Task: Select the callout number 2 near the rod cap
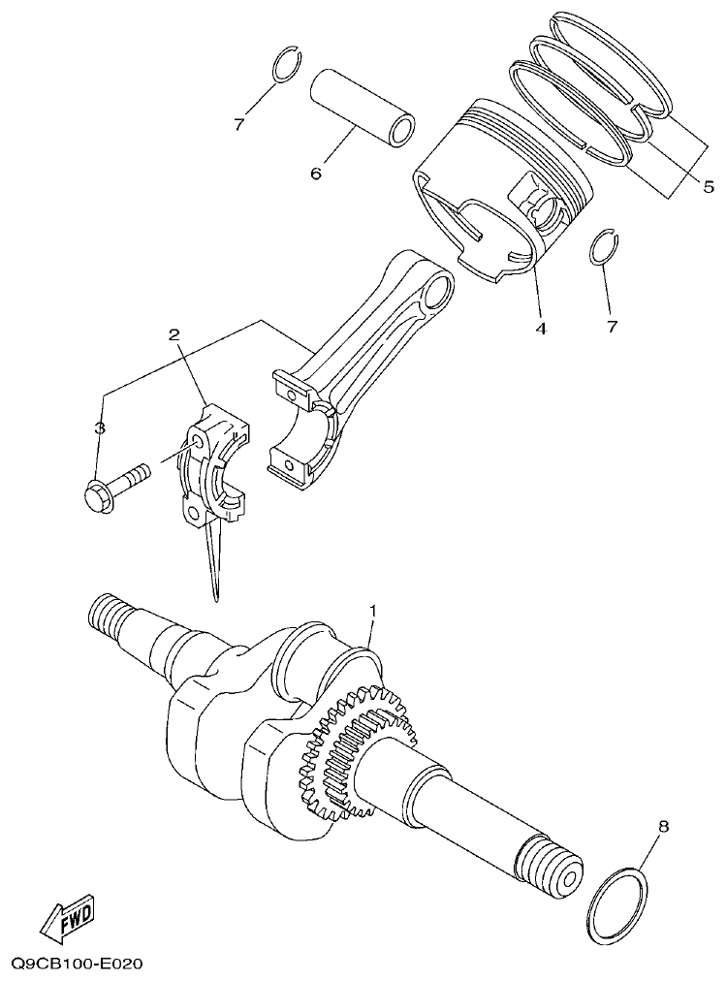click(174, 335)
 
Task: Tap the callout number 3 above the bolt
click(99, 427)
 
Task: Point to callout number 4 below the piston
click(541, 328)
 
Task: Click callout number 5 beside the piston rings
click(709, 184)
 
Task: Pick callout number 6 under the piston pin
click(315, 174)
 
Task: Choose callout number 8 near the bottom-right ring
click(663, 828)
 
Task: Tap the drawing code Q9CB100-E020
click(78, 964)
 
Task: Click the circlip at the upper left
click(284, 65)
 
